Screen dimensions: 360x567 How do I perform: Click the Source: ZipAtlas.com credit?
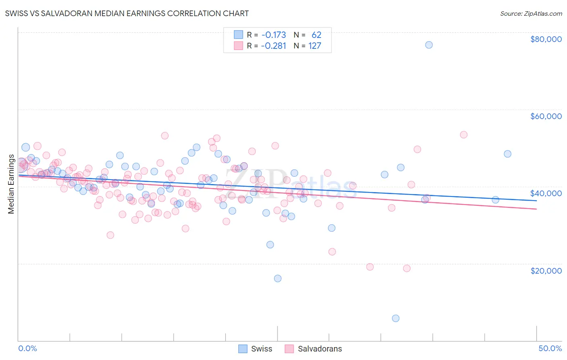click(531, 13)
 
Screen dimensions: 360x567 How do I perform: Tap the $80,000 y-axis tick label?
click(546, 39)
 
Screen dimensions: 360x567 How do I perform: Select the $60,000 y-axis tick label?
click(546, 116)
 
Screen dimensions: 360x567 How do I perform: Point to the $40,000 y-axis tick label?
click(546, 193)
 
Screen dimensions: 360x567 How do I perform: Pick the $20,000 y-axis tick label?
click(546, 270)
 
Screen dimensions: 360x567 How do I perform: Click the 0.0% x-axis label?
click(27, 348)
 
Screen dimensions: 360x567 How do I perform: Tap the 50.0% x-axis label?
click(550, 348)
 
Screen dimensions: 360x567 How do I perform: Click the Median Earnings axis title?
click(11, 184)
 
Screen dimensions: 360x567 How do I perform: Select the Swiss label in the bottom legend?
click(261, 349)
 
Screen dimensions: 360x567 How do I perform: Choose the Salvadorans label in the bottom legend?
click(319, 349)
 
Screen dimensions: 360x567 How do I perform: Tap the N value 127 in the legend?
click(315, 46)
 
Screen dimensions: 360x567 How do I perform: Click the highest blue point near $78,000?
click(429, 45)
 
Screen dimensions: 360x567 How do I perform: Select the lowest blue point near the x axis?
click(396, 318)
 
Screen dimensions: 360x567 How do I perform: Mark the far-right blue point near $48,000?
click(507, 154)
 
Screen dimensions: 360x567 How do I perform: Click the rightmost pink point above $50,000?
click(464, 135)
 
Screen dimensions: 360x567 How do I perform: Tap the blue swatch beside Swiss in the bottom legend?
click(243, 349)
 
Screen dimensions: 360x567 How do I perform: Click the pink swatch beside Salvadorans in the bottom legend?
click(289, 349)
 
